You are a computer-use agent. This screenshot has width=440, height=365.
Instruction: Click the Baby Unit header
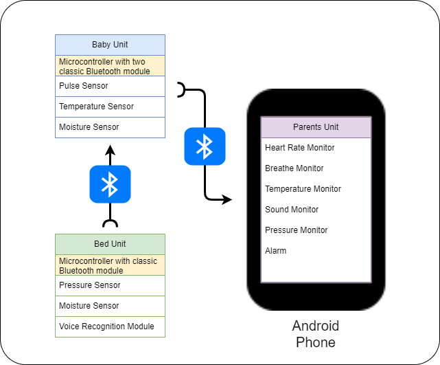pyautogui.click(x=110, y=45)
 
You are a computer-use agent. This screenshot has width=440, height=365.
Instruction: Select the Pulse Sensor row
pyautogui.click(x=110, y=86)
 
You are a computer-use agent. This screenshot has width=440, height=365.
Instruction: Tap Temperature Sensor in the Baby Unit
pyautogui.click(x=110, y=107)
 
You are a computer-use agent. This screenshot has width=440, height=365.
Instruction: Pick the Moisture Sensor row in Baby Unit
pyautogui.click(x=110, y=127)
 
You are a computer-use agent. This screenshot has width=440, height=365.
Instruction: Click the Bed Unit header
pyautogui.click(x=110, y=244)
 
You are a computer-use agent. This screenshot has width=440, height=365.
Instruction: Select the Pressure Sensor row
pyautogui.click(x=110, y=285)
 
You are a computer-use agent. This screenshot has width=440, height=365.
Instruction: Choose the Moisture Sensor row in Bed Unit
pyautogui.click(x=110, y=306)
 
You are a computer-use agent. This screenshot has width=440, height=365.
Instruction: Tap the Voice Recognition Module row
pyautogui.click(x=110, y=327)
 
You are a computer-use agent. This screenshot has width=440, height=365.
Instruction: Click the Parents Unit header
pyautogui.click(x=316, y=127)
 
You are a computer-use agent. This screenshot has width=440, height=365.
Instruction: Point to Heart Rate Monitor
pyautogui.click(x=300, y=148)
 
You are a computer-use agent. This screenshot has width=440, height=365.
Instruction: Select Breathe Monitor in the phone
pyautogui.click(x=294, y=168)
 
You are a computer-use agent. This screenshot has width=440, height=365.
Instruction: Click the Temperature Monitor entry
pyautogui.click(x=303, y=189)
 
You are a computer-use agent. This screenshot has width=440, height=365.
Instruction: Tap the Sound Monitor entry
pyautogui.click(x=292, y=210)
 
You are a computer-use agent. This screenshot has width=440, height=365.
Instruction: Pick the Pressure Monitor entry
pyautogui.click(x=296, y=230)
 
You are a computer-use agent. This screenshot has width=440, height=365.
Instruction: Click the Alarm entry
pyautogui.click(x=276, y=251)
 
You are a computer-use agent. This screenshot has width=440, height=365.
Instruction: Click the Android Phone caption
pyautogui.click(x=316, y=334)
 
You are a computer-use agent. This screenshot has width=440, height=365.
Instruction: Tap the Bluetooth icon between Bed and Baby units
pyautogui.click(x=110, y=184)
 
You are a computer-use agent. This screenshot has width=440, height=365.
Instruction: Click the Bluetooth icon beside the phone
pyautogui.click(x=205, y=146)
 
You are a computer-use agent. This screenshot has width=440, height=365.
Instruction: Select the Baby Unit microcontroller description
pyautogui.click(x=110, y=66)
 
